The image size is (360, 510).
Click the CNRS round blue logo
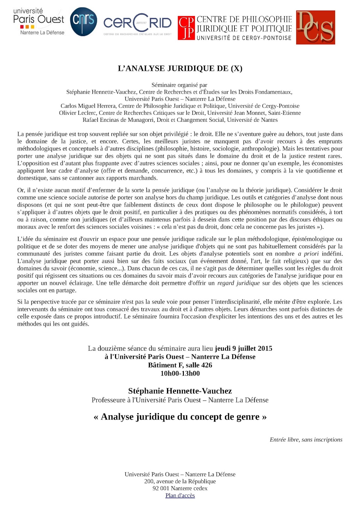pos(83,21)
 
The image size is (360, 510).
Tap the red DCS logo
pos(315,27)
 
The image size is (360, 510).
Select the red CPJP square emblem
pos(186,28)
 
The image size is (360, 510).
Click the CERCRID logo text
pos(137,23)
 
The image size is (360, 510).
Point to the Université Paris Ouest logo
pos(39,22)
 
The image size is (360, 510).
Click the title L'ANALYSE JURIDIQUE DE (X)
pos(180,69)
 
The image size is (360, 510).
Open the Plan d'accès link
pos(180,495)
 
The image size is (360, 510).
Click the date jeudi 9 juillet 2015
pos(243,348)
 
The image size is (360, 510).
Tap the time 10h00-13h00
pos(180,373)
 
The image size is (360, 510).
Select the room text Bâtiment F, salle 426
pos(180,365)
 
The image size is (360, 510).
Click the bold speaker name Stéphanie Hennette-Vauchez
pos(180,391)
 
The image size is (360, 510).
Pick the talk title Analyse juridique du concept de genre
pos(180,417)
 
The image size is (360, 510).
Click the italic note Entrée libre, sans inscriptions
pos(306,440)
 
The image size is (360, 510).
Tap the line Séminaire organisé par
pos(179,85)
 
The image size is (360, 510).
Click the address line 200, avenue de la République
pos(180,481)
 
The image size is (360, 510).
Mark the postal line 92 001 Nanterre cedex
pos(180,488)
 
